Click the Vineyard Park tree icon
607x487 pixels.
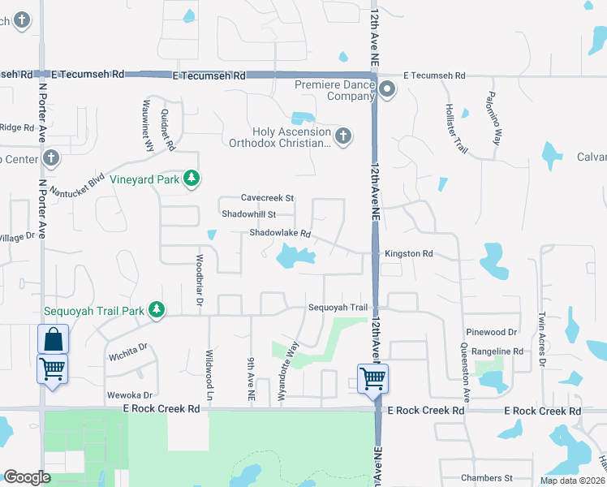191,178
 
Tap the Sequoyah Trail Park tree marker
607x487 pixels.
157,309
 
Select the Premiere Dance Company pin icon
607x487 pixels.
387,89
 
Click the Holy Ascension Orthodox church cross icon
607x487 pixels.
343,136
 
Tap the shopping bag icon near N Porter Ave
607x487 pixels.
53,339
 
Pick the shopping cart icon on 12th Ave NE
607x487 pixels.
373,377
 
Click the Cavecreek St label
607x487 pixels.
267,198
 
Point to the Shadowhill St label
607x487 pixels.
249,215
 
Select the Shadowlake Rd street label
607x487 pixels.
280,234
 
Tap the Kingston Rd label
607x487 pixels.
408,254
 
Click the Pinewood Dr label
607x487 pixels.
491,333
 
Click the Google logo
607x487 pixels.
27,477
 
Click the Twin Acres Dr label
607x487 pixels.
541,333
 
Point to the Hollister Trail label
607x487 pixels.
457,127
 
